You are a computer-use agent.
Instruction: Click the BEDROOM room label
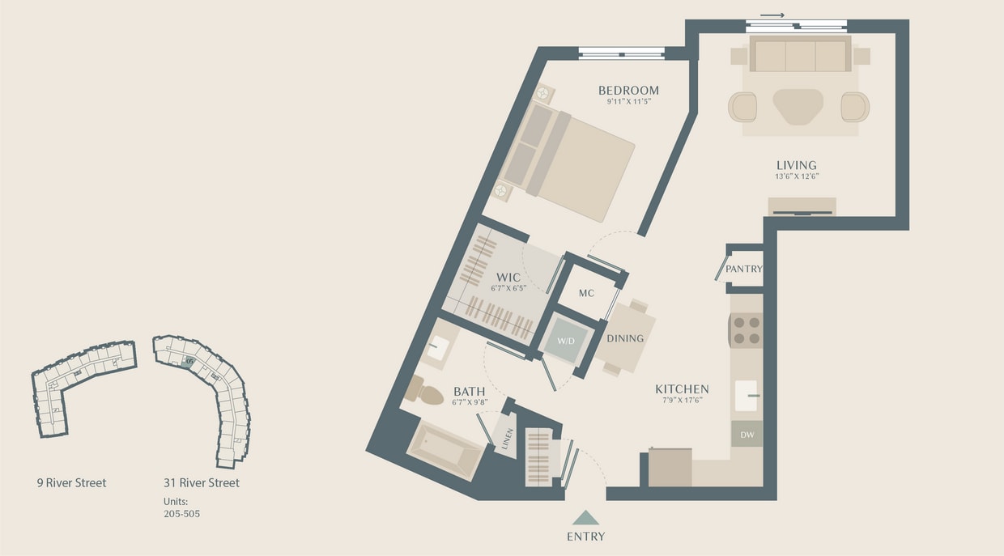pos(628,91)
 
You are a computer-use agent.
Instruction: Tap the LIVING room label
pos(796,165)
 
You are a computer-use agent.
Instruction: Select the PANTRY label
pos(744,269)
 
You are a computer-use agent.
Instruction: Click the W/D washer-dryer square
pos(565,341)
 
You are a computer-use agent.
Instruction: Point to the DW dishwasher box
pos(747,435)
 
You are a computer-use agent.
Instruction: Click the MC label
pos(587,293)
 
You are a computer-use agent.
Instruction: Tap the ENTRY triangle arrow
pos(585,517)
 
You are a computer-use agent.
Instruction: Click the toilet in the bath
pos(424,391)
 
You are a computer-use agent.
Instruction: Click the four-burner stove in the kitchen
pos(746,329)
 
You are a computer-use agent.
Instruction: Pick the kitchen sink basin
pos(745,396)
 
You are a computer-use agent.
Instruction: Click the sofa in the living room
pos(799,54)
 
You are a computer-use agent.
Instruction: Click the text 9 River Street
pos(71,483)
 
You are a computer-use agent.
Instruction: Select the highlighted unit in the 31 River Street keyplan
pos(189,363)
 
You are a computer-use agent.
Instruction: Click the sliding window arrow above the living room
pos(772,15)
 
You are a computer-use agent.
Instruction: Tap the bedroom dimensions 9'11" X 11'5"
pos(628,103)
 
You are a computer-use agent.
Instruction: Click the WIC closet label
pos(508,278)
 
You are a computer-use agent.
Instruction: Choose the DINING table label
pos(625,338)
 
